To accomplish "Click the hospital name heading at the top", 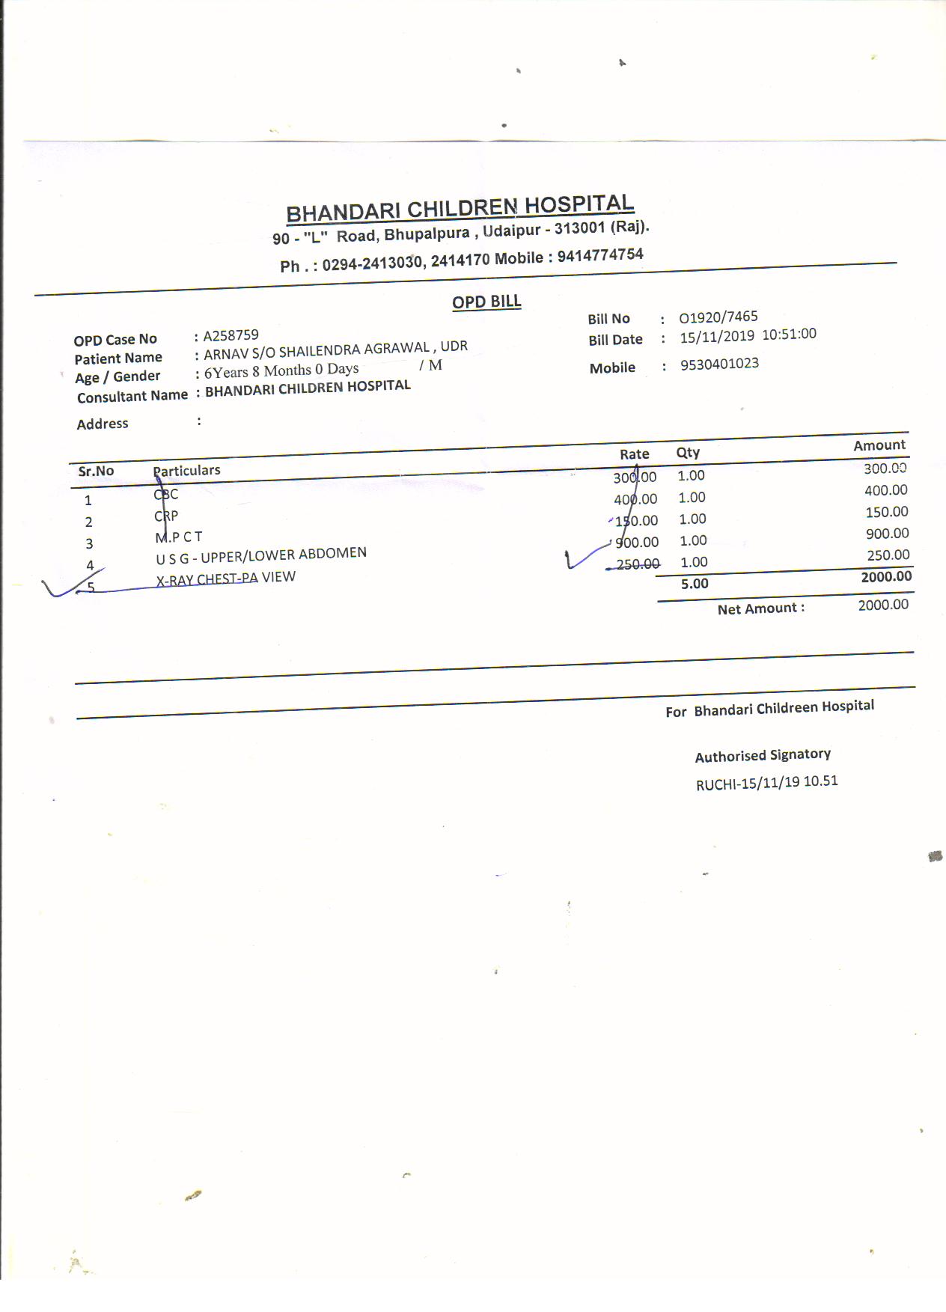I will pyautogui.click(x=460, y=208).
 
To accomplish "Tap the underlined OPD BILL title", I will pyautogui.click(x=486, y=302).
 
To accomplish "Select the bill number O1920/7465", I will pyautogui.click(x=718, y=317).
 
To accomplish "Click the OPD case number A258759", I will pyautogui.click(x=231, y=335).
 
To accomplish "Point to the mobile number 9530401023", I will pyautogui.click(x=719, y=364).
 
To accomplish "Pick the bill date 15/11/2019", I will pyautogui.click(x=716, y=337).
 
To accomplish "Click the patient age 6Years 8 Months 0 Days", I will pyautogui.click(x=281, y=370).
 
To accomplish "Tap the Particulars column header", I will pyautogui.click(x=187, y=470).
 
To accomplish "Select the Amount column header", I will pyautogui.click(x=879, y=445).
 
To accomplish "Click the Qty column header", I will pyautogui.click(x=688, y=452).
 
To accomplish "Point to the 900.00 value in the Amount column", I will pyautogui.click(x=887, y=534).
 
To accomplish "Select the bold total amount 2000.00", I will pyautogui.click(x=886, y=576).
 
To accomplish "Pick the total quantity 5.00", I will pyautogui.click(x=695, y=584).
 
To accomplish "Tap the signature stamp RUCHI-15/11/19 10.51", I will pyautogui.click(x=766, y=783).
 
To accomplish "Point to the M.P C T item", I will pyautogui.click(x=179, y=537).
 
